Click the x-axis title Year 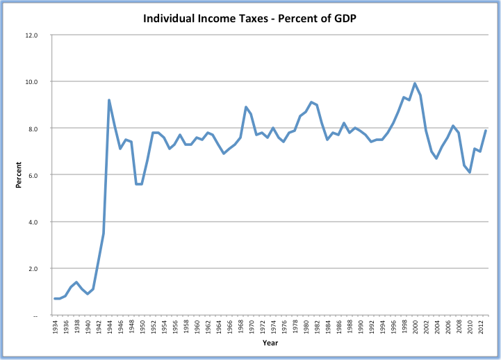[x=270, y=343]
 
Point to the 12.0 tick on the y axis [x=32, y=35]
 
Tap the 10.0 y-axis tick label [x=32, y=81]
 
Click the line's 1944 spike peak [x=109, y=100]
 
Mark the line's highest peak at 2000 [x=415, y=83]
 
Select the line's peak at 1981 [x=311, y=102]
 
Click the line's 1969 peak [x=245, y=107]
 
